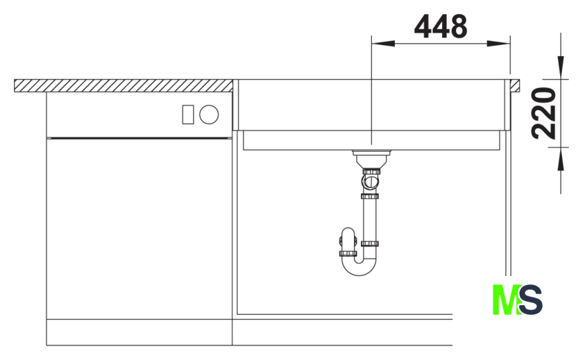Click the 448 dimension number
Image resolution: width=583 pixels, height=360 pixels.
[x=441, y=27]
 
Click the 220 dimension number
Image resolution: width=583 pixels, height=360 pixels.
[x=543, y=113]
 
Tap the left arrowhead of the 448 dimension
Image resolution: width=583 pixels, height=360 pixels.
[x=383, y=44]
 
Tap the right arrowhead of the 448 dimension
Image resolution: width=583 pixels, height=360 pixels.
[x=498, y=44]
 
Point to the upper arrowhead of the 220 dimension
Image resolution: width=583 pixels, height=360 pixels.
[x=561, y=67]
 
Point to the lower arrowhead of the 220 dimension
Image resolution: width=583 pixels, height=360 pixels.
[x=561, y=159]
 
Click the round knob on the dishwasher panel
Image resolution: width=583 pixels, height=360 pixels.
[x=209, y=114]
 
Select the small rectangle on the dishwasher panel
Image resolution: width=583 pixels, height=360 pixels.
[x=188, y=114]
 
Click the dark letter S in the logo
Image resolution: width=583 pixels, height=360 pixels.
[x=531, y=300]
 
